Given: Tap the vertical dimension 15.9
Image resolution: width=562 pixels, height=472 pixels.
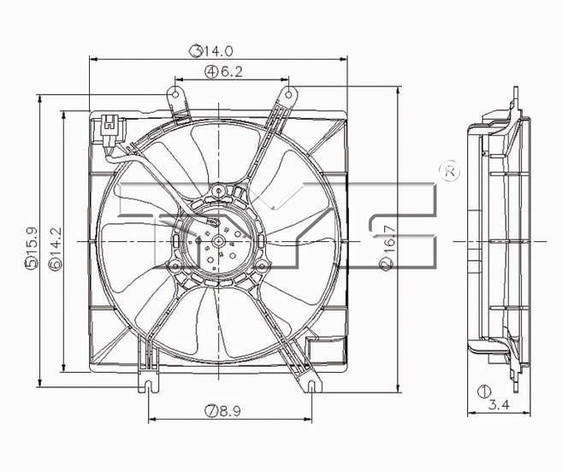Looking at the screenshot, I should tap(32, 248).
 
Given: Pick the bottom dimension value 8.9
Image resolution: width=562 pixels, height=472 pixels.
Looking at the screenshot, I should tap(231, 411).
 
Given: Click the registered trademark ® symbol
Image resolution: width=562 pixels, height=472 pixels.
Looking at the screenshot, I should tap(449, 170).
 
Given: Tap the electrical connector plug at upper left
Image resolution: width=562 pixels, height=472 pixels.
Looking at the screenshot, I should tap(109, 127).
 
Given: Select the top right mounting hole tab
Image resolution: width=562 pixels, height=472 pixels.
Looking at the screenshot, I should tap(288, 94).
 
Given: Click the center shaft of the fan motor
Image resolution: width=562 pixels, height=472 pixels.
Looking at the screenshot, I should tap(219, 242).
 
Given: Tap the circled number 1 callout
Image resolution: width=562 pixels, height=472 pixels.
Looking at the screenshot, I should tap(485, 392).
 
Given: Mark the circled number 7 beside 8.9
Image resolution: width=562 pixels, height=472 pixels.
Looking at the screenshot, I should tap(210, 411).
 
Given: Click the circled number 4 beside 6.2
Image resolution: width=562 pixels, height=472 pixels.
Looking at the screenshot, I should tap(210, 73).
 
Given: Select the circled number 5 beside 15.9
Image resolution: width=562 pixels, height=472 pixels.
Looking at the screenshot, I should tap(32, 264).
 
